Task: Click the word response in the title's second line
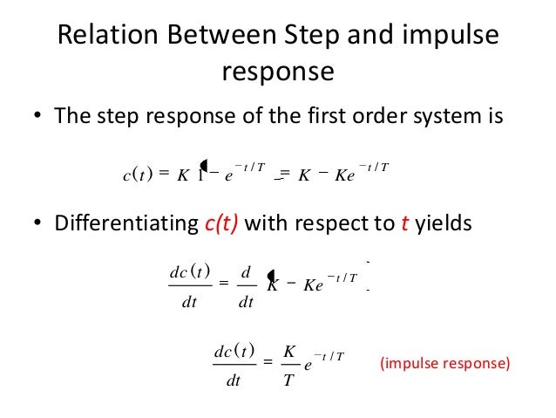278,71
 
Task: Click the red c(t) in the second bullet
219,224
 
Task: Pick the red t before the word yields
405,224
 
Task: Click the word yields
444,224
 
